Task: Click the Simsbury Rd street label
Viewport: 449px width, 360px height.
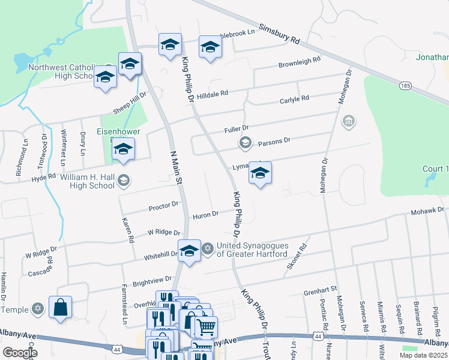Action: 279,34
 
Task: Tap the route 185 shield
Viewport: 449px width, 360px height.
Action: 406,86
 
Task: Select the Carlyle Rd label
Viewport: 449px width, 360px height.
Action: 294,99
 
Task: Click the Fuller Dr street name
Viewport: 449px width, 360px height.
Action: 236,129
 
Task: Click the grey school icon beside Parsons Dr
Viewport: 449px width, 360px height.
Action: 244,142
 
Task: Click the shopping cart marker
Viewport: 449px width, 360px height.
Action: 206,326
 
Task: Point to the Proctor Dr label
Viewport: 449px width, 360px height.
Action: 164,206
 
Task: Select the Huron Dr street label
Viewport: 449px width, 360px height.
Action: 205,215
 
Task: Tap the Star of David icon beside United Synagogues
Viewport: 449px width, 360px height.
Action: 208,248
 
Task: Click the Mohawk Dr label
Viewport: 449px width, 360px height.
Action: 427,211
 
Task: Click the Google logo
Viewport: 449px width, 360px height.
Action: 20,353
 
